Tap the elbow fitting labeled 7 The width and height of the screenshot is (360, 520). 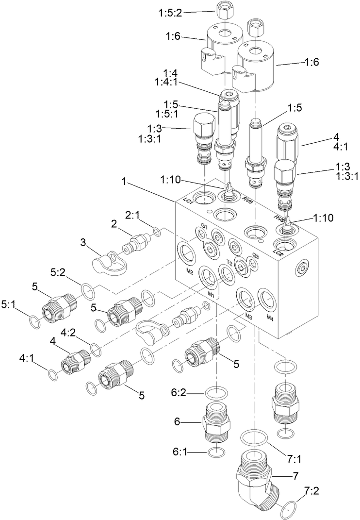tap(257, 481)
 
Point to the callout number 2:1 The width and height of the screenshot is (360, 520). tap(132, 214)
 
